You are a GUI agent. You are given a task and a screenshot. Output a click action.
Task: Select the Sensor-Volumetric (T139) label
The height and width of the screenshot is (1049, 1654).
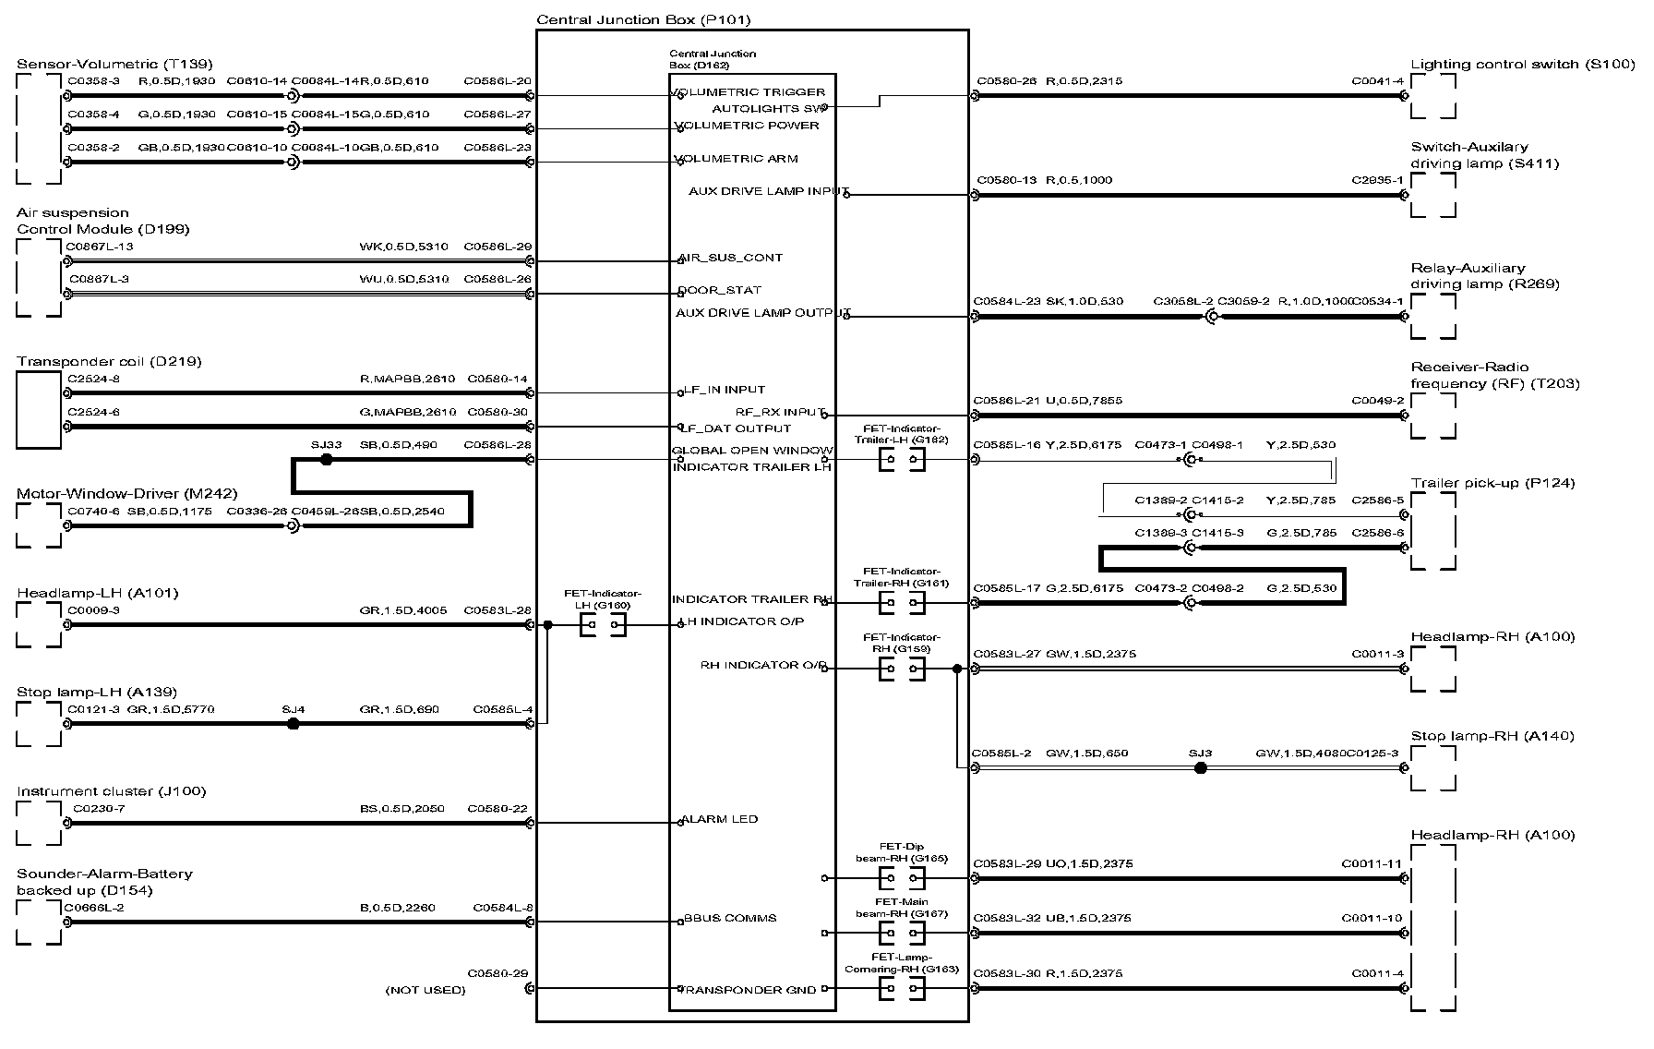pos(114,64)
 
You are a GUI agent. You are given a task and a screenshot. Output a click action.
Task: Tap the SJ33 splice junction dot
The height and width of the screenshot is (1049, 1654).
pos(326,459)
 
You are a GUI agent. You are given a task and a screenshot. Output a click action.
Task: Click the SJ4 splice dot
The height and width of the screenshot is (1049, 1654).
pos(294,724)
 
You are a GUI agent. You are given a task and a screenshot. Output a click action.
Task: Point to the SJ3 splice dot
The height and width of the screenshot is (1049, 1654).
pos(1200,767)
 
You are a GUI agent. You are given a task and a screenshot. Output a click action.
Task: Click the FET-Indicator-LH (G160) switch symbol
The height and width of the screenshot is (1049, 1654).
pos(604,626)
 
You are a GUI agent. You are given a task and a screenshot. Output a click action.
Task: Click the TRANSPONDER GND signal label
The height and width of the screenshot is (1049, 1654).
pos(749,990)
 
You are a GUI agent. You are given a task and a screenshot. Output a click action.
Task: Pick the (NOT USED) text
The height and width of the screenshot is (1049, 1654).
pos(425,990)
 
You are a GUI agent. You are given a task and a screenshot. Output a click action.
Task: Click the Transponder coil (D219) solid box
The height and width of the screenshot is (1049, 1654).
pos(39,410)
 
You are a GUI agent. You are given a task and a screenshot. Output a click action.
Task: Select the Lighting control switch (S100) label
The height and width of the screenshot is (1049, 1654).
pos(1522,65)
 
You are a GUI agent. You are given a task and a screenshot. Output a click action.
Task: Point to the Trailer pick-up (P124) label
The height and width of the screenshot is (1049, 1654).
pos(1492,483)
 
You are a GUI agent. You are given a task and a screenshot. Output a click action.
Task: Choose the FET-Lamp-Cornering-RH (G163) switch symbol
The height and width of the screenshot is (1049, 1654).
pos(902,989)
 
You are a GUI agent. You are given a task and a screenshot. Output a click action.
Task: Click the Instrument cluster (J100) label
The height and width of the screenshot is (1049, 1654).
pos(111,791)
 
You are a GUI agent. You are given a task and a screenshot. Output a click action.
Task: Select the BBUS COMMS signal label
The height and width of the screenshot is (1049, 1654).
pos(728,918)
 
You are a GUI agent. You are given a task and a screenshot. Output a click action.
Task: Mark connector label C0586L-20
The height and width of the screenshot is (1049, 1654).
pos(497,81)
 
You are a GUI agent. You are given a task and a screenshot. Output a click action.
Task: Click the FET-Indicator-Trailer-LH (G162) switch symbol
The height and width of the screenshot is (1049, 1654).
pos(902,461)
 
